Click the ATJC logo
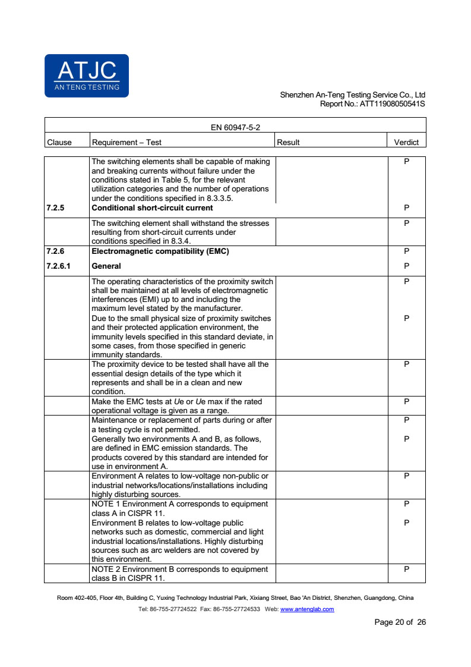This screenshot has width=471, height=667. click(x=87, y=75)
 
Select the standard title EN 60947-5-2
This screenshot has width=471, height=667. click(x=235, y=127)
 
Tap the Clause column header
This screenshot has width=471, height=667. click(x=59, y=142)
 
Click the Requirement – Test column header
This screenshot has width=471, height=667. click(x=127, y=142)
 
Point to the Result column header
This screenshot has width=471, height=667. click(x=289, y=142)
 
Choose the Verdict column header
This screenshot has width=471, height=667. click(x=406, y=142)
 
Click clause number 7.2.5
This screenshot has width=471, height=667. click(x=55, y=208)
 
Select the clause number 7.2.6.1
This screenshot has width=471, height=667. click(x=58, y=266)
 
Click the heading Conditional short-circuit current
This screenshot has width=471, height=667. click(x=152, y=208)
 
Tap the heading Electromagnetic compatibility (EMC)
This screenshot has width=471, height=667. click(x=160, y=251)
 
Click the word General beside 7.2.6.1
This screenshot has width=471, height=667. click(x=106, y=266)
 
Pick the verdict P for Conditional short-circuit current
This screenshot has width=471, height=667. click(x=406, y=208)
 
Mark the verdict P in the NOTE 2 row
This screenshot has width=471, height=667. click(x=406, y=570)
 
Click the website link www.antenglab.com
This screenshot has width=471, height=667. click(x=306, y=609)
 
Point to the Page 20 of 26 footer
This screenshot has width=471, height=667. click(x=400, y=622)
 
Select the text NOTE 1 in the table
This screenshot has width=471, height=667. click(x=105, y=504)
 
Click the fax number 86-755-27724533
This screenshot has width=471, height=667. click(x=236, y=609)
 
